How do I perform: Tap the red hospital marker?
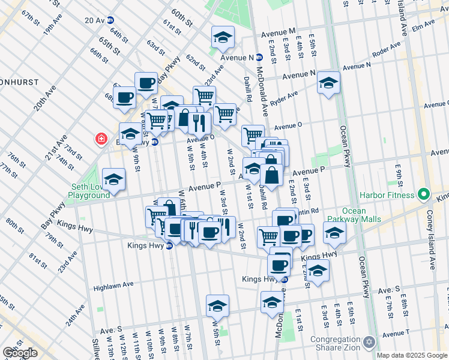pos(101,140)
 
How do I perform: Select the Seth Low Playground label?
pos(88,191)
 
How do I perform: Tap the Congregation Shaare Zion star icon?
pos(370,341)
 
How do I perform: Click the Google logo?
pos(20,352)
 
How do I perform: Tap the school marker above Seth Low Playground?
pos(113,179)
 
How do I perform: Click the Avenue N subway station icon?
pos(259,58)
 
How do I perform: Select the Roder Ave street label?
pos(386,50)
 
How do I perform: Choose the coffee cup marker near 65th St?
pos(145,82)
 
